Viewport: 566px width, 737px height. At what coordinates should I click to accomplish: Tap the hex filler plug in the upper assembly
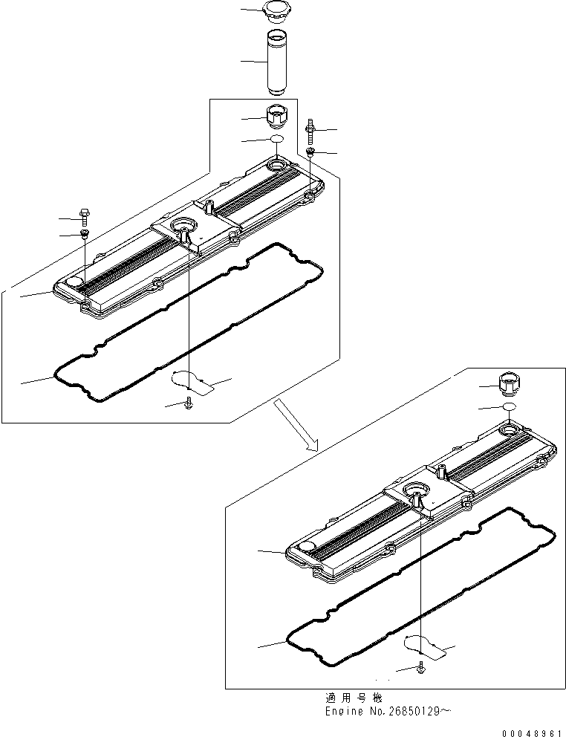point(276,117)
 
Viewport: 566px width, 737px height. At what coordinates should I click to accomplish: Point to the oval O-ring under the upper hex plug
point(276,140)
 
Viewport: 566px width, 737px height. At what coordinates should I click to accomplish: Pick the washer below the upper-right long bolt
point(311,152)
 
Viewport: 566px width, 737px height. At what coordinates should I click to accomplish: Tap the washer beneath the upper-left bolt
point(85,235)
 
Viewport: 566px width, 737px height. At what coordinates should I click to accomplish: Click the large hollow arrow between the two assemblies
point(295,423)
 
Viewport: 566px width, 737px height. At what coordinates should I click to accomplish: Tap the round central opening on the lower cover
point(414,490)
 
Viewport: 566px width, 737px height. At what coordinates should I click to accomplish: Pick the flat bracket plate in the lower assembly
point(425,647)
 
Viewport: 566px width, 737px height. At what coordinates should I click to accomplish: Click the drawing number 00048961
point(533,732)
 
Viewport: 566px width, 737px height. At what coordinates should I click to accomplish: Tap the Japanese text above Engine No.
point(353,698)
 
